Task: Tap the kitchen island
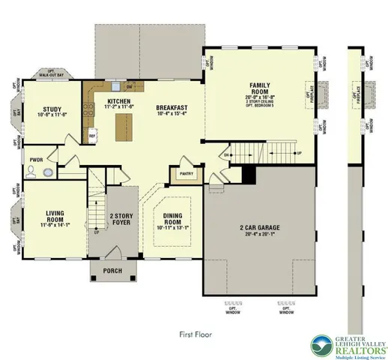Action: [x=120, y=128]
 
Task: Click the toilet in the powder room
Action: [x=31, y=171]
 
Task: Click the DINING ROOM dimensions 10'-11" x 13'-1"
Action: [x=172, y=227]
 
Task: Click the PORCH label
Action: [x=113, y=271]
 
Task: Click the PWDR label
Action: [x=36, y=160]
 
